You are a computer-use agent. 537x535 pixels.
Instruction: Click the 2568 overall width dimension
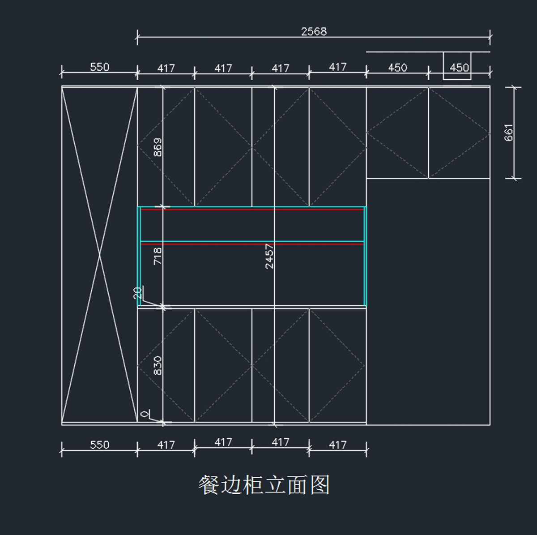click(314, 31)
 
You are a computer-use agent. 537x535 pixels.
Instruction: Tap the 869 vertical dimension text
click(158, 147)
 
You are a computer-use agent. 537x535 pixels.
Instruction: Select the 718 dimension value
click(158, 256)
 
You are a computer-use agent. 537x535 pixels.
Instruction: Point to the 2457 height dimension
click(269, 256)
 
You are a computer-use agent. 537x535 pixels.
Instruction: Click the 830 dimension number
click(158, 365)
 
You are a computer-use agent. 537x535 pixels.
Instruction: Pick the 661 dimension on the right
click(509, 133)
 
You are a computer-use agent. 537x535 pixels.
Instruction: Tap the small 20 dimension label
click(138, 293)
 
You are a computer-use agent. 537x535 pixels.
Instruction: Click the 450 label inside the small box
click(459, 68)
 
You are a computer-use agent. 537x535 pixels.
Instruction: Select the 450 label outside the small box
click(397, 68)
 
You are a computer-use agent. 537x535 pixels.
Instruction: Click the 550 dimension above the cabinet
click(99, 67)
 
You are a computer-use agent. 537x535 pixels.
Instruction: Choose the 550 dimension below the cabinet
click(99, 445)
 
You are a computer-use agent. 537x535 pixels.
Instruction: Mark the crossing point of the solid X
click(99, 255)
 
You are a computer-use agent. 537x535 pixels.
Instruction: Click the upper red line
click(253, 210)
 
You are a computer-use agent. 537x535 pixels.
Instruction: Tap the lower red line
click(253, 244)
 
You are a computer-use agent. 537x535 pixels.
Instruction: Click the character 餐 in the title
click(209, 485)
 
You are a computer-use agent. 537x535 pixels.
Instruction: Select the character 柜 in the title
click(253, 485)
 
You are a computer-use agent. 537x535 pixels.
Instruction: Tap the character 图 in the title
click(319, 485)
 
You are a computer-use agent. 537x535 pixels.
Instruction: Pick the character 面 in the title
click(297, 485)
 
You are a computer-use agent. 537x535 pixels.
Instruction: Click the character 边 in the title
click(231, 485)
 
